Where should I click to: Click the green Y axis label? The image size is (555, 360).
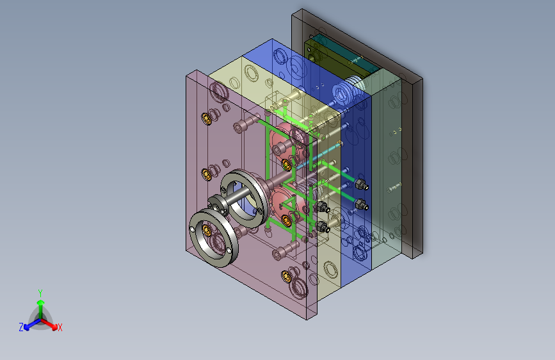pyautogui.click(x=40, y=293)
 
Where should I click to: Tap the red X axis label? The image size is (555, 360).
pyautogui.click(x=60, y=328)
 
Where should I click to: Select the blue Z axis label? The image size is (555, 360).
pyautogui.click(x=21, y=327)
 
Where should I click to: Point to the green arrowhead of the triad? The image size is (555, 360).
pyautogui.click(x=41, y=303)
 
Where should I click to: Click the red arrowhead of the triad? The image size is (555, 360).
pyautogui.click(x=54, y=326)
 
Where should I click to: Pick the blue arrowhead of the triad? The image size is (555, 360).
pyautogui.click(x=26, y=327)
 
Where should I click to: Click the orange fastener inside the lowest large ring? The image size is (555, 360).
pyautogui.click(x=207, y=231)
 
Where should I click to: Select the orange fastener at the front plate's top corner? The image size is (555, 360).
pyautogui.click(x=206, y=119)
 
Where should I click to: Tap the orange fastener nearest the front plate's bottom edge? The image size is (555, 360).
pyautogui.click(x=286, y=276)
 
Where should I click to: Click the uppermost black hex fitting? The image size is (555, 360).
pyautogui.click(x=361, y=184)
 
